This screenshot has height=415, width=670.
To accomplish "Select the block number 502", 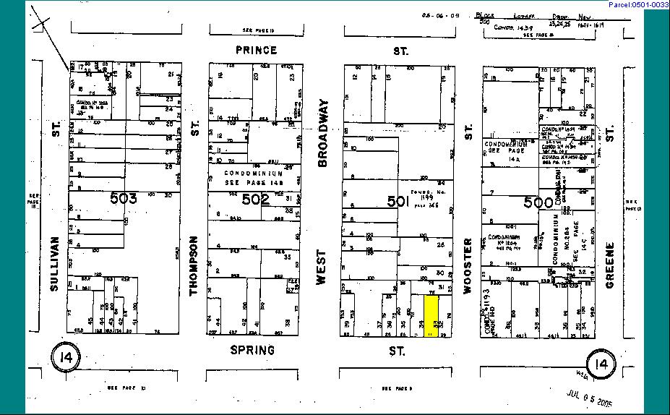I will (255, 199).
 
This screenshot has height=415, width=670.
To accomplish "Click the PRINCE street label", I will (257, 51).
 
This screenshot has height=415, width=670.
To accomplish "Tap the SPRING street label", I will (252, 350).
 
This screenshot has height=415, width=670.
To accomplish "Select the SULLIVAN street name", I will (55, 264).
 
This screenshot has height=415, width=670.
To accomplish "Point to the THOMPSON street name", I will (193, 265).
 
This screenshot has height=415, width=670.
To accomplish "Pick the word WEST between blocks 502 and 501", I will (322, 268).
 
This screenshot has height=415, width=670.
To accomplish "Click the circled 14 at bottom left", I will (66, 357).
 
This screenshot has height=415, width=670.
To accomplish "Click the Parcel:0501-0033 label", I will (638, 5).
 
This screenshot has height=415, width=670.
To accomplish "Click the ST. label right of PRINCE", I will (400, 51).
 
